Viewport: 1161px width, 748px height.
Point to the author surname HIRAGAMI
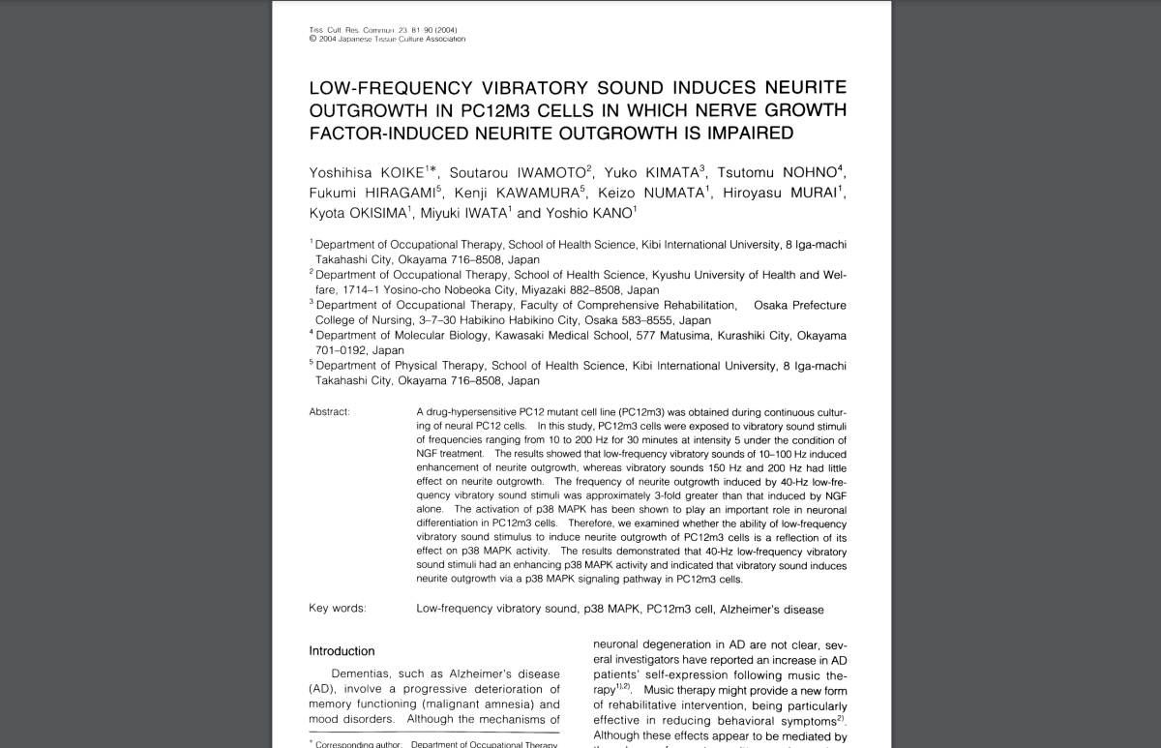395,193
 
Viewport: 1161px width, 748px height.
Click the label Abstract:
330,412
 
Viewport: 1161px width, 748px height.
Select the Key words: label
338,609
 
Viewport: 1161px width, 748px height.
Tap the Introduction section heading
342,651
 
